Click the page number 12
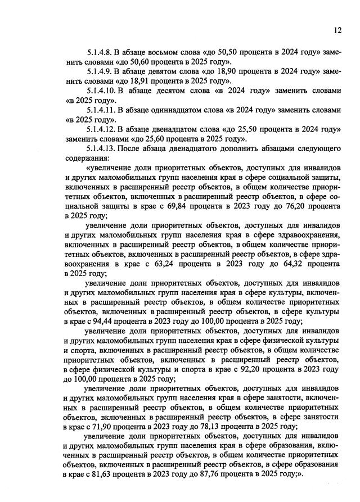337,30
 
